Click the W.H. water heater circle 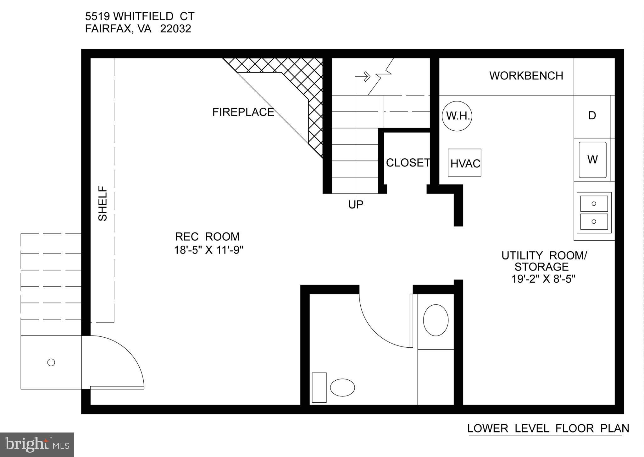[457, 116]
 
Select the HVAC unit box [464, 163]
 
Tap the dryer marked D [592, 116]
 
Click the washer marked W [592, 160]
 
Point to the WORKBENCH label [526, 76]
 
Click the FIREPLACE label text [243, 112]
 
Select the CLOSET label [408, 163]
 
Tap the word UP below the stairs [356, 205]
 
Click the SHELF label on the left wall [103, 204]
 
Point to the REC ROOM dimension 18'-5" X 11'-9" [209, 250]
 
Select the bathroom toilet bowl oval [342, 387]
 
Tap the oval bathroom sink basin [436, 320]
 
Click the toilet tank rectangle [319, 387]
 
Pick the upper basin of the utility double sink [594, 204]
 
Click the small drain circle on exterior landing [51, 362]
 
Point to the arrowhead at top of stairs [367, 76]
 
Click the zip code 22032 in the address [175, 29]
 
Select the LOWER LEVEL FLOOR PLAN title [548, 428]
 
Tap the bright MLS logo [37, 444]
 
